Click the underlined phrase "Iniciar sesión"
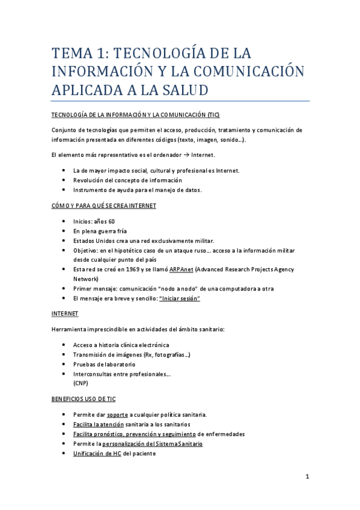click(x=180, y=298)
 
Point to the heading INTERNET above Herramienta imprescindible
click(x=64, y=314)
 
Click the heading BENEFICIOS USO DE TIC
click(x=83, y=399)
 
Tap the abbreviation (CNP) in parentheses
click(x=81, y=383)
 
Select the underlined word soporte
click(x=117, y=415)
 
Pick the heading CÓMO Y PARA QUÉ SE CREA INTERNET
click(x=103, y=206)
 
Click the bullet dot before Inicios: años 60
click(x=64, y=221)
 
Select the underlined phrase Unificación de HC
click(x=97, y=453)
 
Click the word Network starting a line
click(x=85, y=279)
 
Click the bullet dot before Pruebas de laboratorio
click(x=64, y=364)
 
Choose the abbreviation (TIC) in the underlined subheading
click(x=213, y=114)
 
